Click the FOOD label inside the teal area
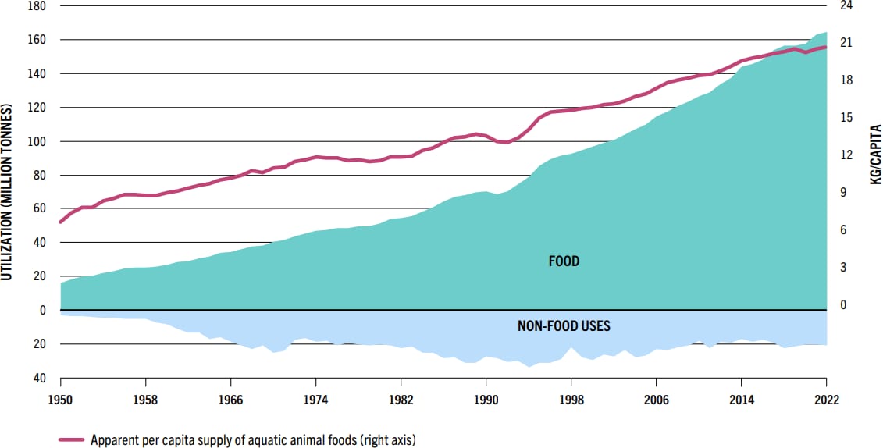tap(564, 261)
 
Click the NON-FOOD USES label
tap(564, 325)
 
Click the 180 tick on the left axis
tap(36, 6)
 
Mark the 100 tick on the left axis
tap(36, 141)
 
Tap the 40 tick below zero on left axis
tap(39, 378)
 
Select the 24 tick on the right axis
tap(846, 6)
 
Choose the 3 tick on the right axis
tap(843, 268)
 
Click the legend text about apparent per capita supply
tap(252, 439)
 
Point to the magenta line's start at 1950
tap(61, 222)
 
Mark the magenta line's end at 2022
tap(826, 47)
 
